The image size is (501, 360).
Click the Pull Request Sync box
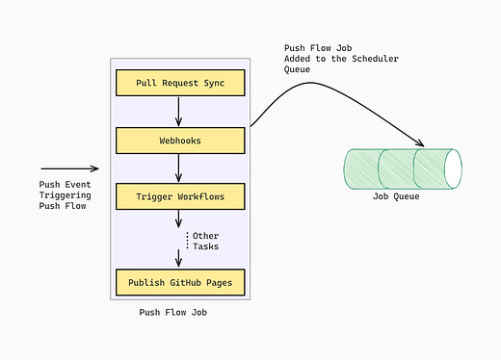click(x=180, y=84)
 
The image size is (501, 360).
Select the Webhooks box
click(x=180, y=141)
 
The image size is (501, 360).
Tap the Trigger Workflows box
click(x=180, y=197)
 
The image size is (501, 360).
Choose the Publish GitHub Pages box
click(x=180, y=282)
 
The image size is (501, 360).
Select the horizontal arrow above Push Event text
click(x=69, y=168)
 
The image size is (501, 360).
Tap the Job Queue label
click(x=396, y=197)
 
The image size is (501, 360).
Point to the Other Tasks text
click(x=205, y=241)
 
